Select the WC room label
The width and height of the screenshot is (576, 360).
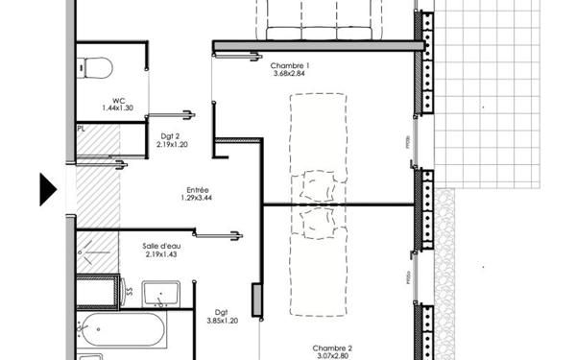click(x=119, y=101)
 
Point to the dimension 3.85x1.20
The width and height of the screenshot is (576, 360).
click(x=222, y=322)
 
